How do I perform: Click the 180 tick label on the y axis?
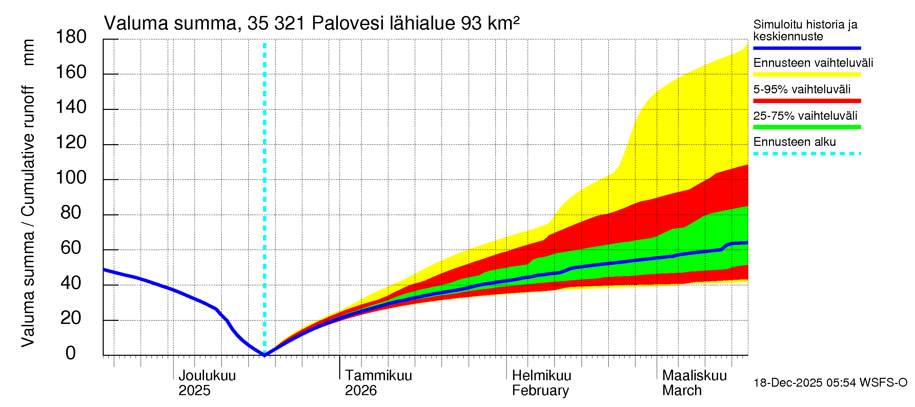(x=71, y=37)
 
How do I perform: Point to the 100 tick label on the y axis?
(x=71, y=177)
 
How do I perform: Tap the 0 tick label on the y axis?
(x=71, y=353)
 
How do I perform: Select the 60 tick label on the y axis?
(x=71, y=248)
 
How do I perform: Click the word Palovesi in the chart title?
(x=348, y=23)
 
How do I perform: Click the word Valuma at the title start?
(x=136, y=23)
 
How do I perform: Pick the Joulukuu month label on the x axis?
(x=207, y=375)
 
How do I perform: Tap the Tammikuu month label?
(x=378, y=375)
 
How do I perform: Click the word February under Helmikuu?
(x=540, y=390)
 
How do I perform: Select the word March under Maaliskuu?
(x=682, y=390)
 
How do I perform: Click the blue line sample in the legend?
(x=807, y=48)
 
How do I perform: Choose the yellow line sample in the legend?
(x=807, y=75)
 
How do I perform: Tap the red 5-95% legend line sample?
(x=807, y=101)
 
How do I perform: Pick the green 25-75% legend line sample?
(x=807, y=127)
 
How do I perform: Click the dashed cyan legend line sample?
(x=807, y=154)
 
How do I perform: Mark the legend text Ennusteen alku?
(x=795, y=142)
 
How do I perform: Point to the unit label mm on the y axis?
(x=28, y=52)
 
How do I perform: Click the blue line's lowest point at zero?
(x=265, y=355)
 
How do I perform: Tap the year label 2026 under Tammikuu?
(x=361, y=390)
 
